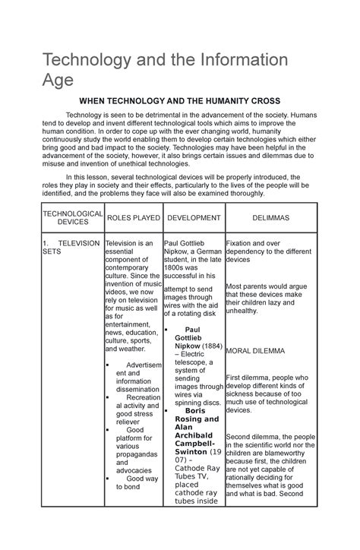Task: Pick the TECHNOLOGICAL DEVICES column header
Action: pyautogui.click(x=72, y=217)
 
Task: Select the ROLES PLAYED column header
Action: pyautogui.click(x=133, y=217)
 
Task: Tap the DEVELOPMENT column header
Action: pyautogui.click(x=194, y=217)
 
